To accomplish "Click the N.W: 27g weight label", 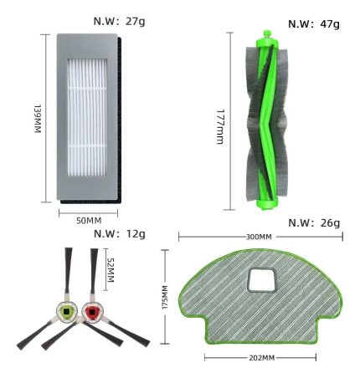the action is coord(119,22).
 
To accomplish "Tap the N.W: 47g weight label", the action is coord(314,24).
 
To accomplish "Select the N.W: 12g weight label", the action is coord(120,233).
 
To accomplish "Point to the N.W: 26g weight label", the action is coord(314,223).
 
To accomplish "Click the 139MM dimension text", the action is coord(38,119).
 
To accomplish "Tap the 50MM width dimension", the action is coord(89,221).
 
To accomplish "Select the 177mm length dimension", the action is coord(220,126).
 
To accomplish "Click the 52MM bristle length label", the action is coord(111,269).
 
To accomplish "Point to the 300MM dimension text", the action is coord(259,237).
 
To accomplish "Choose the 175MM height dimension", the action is coord(165,297).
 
